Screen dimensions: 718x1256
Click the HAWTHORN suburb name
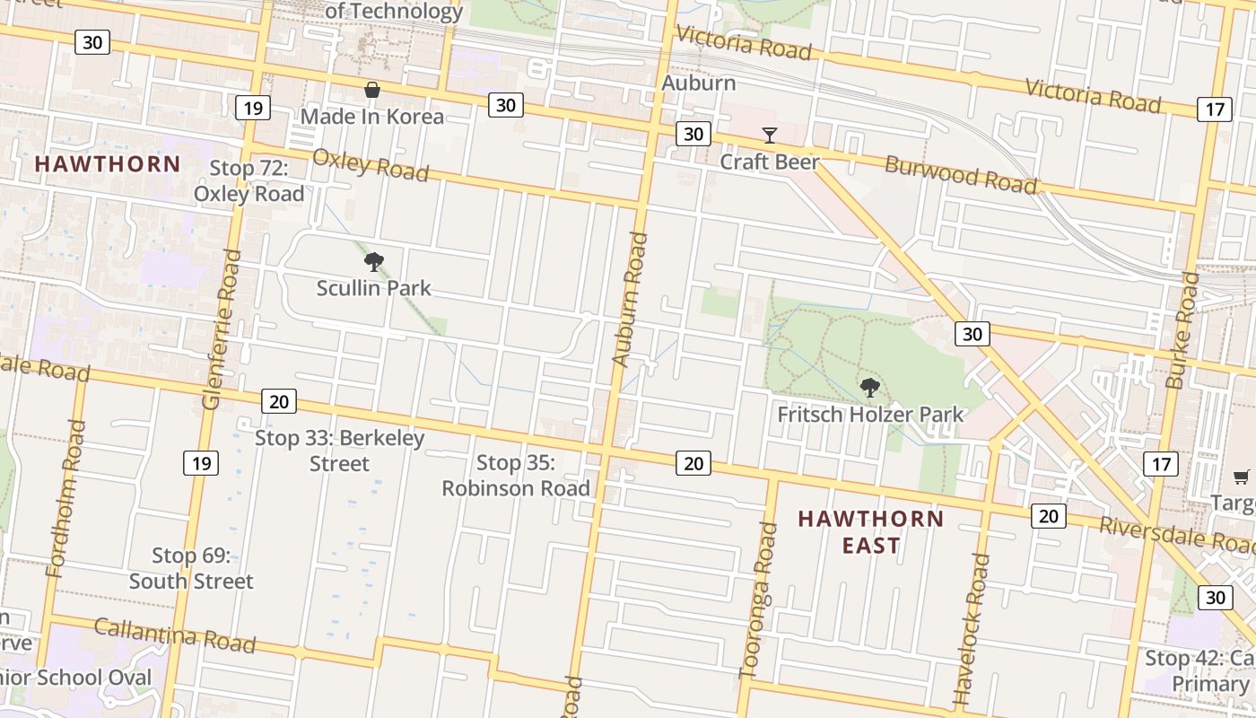point(108,164)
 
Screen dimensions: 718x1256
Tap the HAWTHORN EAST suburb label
point(870,532)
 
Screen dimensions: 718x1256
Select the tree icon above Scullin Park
point(374,262)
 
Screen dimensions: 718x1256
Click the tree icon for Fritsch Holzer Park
point(869,388)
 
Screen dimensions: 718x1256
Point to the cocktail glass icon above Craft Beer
point(770,136)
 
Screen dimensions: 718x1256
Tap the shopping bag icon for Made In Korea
point(372,90)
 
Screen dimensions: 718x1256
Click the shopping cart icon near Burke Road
point(1242,477)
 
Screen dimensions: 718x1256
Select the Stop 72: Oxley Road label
point(249,181)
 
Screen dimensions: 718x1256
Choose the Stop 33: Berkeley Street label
point(339,451)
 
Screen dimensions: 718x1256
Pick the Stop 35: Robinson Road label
point(516,476)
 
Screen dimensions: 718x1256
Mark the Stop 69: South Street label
point(191,568)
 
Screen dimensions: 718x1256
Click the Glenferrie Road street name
point(222,330)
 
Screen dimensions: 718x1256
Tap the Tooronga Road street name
point(757,600)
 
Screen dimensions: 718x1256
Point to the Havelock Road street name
point(973,628)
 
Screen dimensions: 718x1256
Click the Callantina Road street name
point(175,635)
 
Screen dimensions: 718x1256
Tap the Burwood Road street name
point(961,174)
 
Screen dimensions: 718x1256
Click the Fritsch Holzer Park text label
point(870,415)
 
